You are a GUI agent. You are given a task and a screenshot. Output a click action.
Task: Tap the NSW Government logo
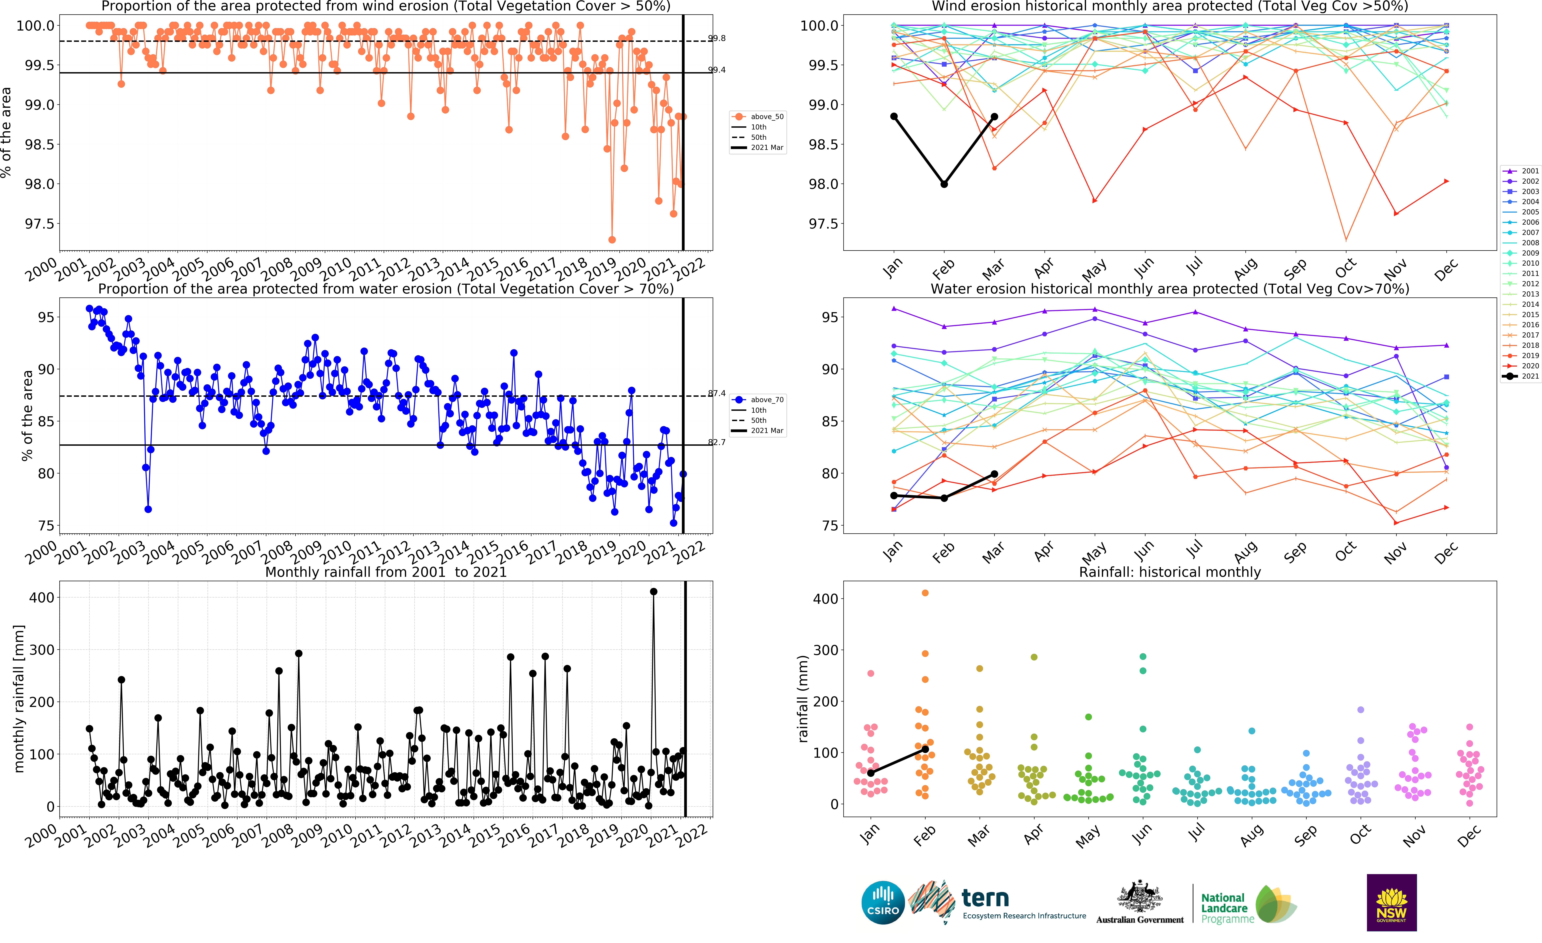point(1391,902)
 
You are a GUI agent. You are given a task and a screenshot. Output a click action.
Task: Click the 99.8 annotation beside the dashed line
point(717,38)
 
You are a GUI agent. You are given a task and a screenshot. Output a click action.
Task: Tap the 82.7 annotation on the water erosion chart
point(717,442)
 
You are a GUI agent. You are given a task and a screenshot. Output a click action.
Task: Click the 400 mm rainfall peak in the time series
point(653,591)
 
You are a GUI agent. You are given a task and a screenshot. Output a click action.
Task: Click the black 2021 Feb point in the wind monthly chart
point(944,184)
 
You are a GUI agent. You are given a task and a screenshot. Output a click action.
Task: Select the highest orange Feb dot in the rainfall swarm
point(925,593)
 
